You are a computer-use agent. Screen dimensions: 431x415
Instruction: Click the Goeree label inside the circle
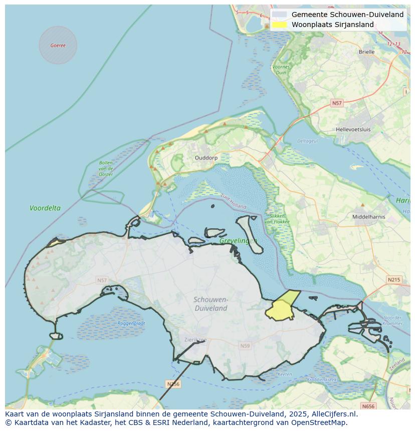(58, 46)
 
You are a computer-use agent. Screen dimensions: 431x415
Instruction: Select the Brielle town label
(366, 52)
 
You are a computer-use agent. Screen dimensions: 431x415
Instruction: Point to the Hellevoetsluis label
(353, 129)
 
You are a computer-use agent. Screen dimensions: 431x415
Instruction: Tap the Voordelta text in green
(45, 208)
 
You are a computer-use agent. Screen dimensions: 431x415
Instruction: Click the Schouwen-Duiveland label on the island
(211, 304)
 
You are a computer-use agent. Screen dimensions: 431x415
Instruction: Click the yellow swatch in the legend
(280, 25)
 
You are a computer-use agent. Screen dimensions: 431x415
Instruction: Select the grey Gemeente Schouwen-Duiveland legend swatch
(280, 15)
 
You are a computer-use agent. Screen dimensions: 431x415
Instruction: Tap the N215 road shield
(393, 279)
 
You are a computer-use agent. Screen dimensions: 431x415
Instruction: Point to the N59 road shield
(245, 346)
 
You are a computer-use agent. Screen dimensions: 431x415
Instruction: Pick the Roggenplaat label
(131, 323)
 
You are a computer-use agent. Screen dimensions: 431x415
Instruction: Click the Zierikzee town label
(194, 339)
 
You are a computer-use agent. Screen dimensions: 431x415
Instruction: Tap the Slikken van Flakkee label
(275, 219)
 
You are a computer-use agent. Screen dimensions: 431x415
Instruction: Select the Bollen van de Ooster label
(106, 168)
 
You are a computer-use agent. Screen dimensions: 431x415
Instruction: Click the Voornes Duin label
(280, 70)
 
